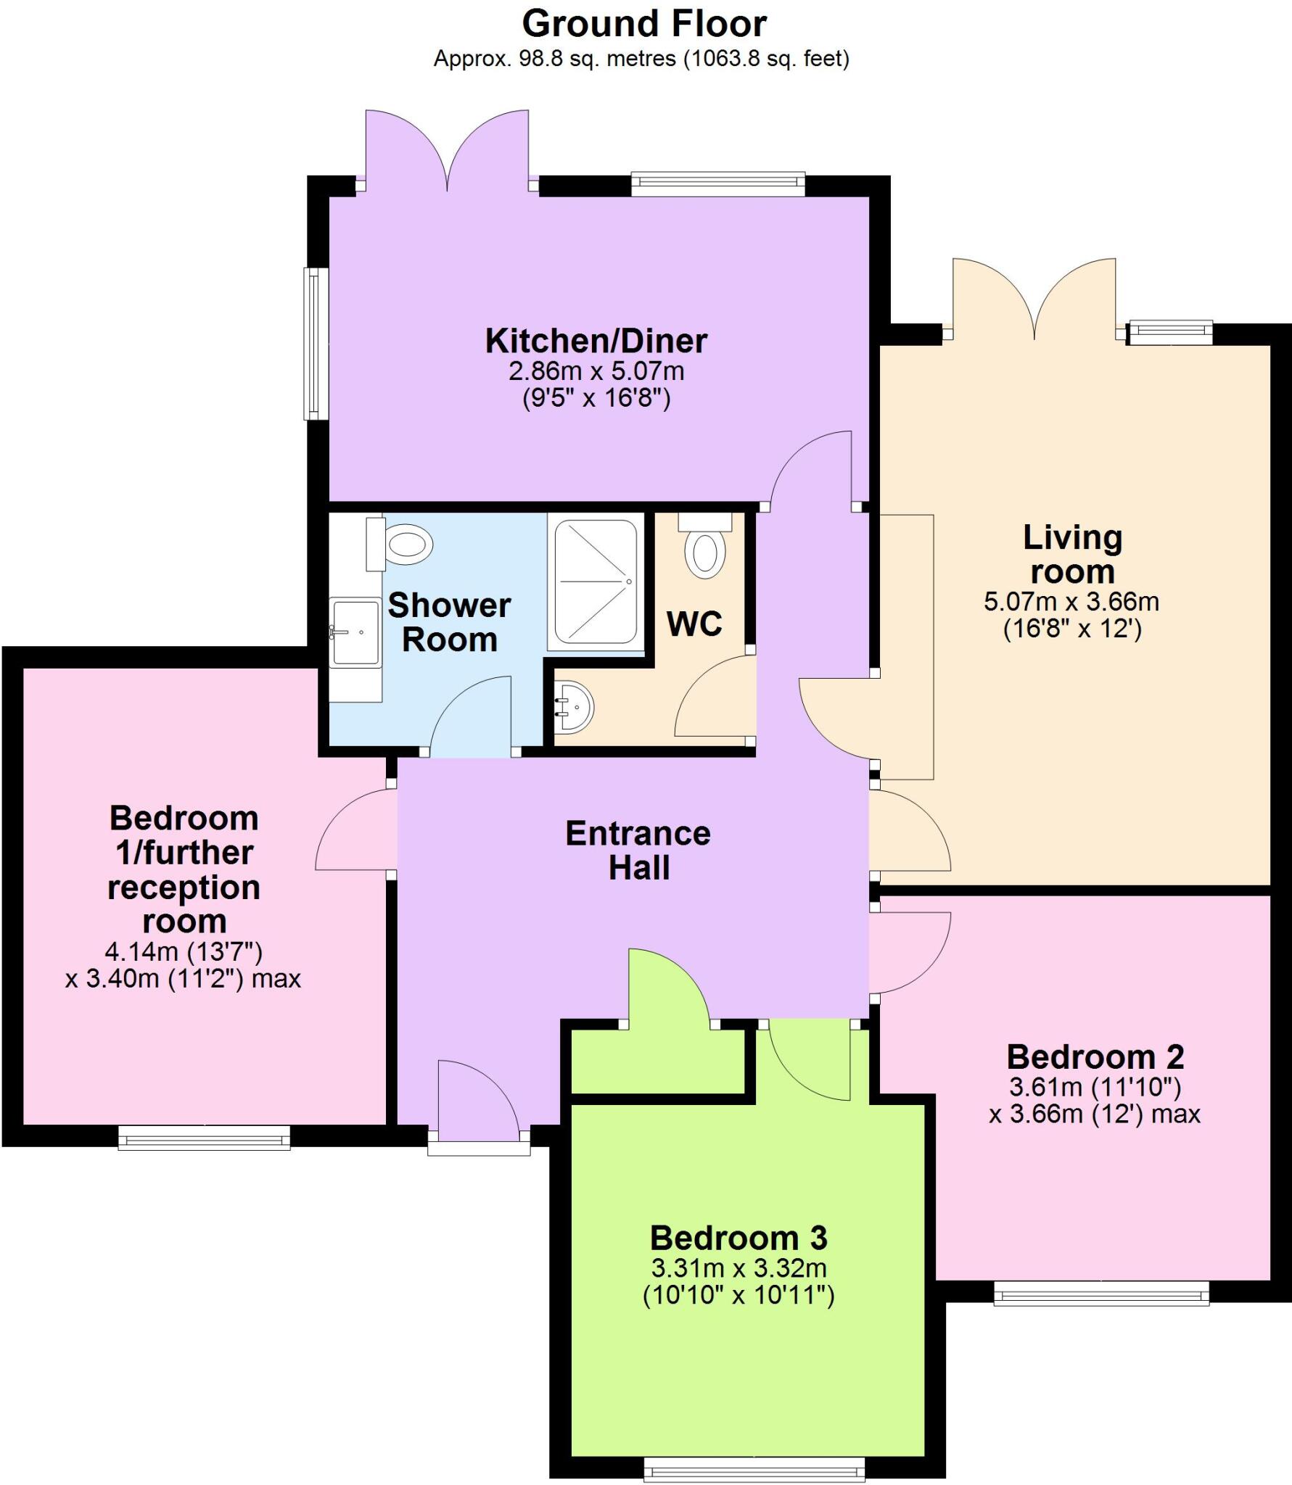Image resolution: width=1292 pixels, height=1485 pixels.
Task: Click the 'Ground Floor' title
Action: coord(644,24)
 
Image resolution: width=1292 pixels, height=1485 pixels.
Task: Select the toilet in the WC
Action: coord(704,553)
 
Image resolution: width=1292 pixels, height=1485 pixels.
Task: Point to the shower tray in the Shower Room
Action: coord(596,581)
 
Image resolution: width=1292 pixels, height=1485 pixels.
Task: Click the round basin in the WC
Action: coord(577,707)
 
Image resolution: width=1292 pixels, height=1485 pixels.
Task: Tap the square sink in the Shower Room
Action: coord(355,632)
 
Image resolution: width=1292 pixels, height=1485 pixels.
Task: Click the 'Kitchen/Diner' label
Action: coord(596,341)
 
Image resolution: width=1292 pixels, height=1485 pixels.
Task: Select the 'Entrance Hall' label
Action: coord(638,851)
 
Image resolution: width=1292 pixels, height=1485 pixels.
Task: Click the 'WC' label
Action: coord(694,624)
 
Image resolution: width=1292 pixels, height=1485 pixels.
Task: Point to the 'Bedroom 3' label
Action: coord(738,1238)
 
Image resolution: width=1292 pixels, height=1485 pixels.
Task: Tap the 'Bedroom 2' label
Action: coord(1095,1057)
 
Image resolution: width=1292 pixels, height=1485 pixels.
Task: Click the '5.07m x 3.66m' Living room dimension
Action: coord(1071,602)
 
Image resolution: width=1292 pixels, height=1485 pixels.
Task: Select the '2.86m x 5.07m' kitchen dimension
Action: coord(596,371)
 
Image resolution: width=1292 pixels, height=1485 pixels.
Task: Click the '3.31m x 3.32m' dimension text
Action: coord(738,1268)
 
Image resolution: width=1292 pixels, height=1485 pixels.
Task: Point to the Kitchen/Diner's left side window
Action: coord(314,344)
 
